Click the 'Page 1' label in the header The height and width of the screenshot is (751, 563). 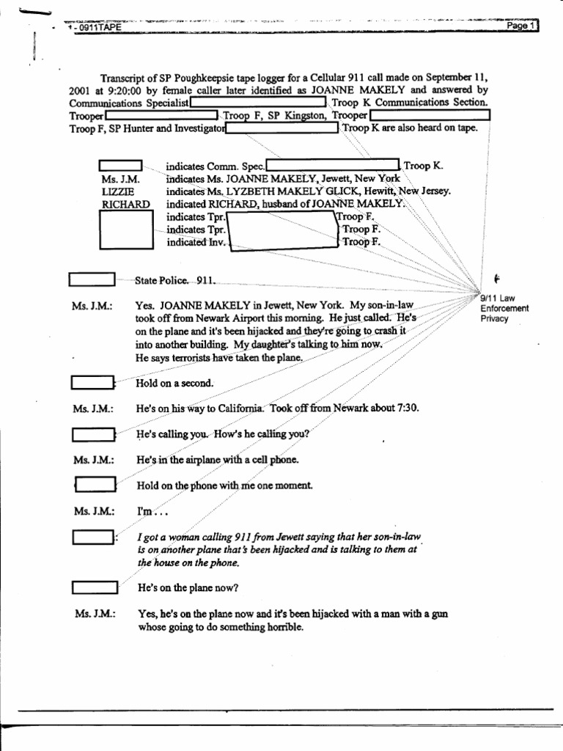point(522,26)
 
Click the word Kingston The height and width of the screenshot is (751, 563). point(303,116)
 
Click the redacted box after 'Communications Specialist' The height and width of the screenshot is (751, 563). point(258,103)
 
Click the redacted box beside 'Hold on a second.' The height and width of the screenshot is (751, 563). point(92,383)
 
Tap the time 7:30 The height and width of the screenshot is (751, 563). point(405,409)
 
